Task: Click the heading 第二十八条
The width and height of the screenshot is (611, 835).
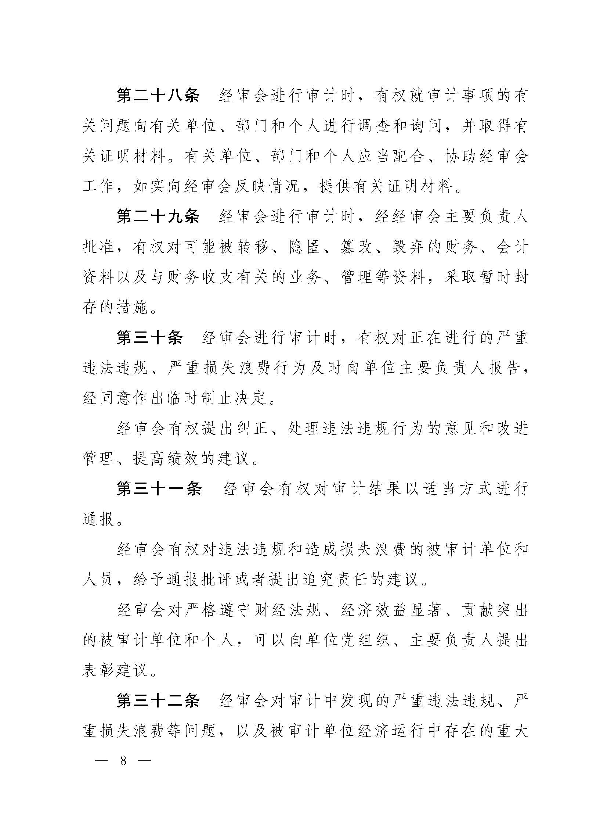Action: tap(158, 96)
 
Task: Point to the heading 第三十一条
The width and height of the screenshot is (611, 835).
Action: tap(159, 489)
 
